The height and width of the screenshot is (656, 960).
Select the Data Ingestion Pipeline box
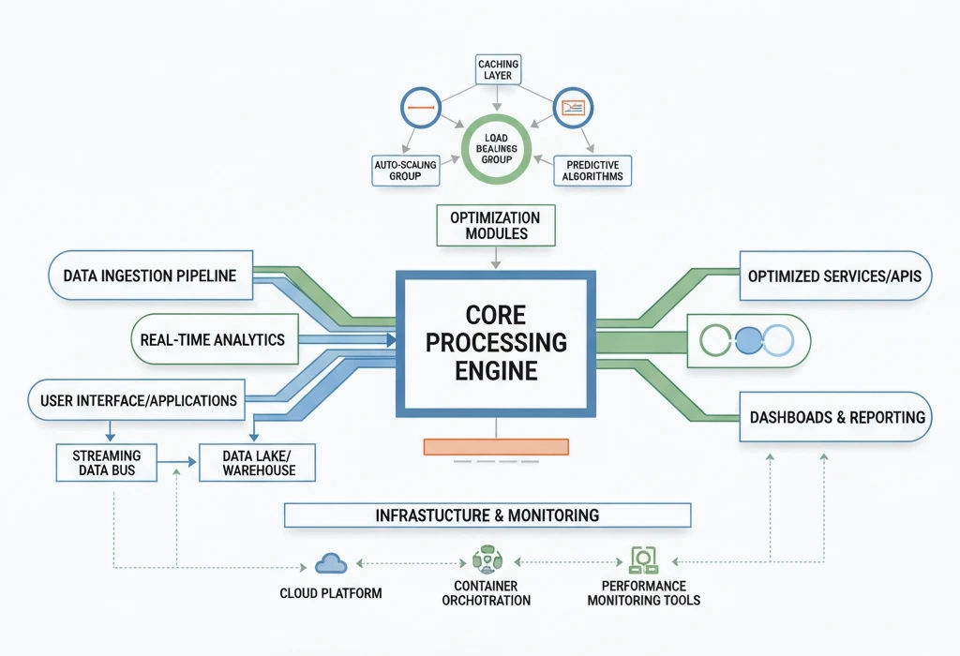pos(150,276)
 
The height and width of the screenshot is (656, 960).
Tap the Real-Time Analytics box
pos(212,339)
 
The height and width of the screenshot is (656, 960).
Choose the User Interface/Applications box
pos(139,400)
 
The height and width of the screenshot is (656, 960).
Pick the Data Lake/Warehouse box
pos(259,462)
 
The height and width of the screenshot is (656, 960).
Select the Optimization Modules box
pos(496,225)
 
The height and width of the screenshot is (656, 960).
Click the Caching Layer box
pos(497,70)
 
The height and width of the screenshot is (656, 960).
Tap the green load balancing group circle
pos(497,151)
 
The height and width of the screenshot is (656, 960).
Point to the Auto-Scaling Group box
pos(405,171)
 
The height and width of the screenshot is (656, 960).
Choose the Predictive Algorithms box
pos(592,171)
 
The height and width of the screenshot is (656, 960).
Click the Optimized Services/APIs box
pos(834,276)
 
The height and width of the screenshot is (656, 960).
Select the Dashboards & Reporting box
pos(836,417)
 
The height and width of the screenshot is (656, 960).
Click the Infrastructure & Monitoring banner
pos(487,515)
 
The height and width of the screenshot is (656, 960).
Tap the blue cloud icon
pos(331,563)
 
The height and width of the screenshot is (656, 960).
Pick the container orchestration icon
pos(486,560)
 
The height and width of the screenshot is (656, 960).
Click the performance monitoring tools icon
pos(643,560)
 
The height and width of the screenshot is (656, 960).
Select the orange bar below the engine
pos(496,446)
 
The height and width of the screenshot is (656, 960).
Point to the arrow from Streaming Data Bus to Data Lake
pos(179,461)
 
